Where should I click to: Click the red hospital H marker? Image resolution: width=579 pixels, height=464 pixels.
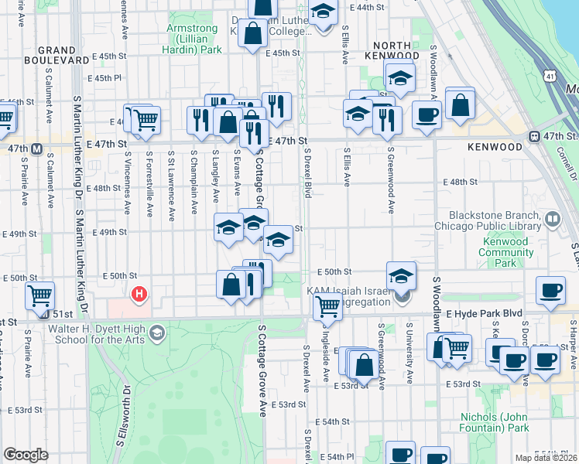(139, 294)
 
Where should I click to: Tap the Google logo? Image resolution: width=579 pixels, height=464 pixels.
(26, 455)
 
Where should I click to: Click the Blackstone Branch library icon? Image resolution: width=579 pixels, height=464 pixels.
(553, 219)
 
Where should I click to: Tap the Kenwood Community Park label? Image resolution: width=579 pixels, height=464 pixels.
(505, 252)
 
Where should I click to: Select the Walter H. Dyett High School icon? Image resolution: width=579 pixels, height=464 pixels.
(157, 333)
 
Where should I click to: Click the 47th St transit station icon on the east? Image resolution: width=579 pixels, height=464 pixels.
(535, 137)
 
